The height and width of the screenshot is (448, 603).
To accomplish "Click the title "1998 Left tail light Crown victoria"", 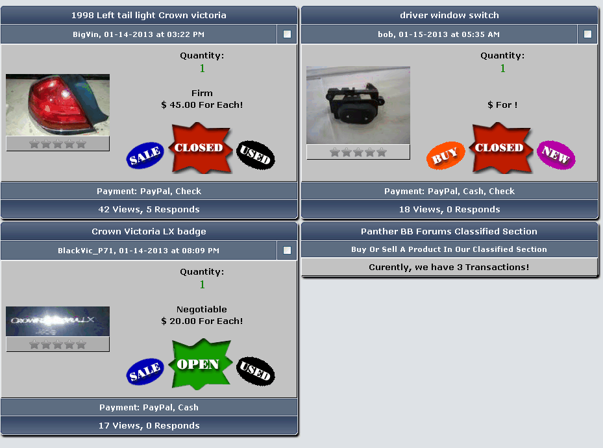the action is tap(149, 16).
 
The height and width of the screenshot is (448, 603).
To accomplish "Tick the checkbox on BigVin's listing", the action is tap(287, 34).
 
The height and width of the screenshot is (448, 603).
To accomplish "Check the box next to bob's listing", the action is tap(587, 34).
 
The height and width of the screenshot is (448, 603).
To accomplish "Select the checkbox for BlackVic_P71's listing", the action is tap(287, 251).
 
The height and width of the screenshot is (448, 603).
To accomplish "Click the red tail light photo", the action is tap(58, 105).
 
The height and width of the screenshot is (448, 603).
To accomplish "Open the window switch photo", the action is tap(358, 105).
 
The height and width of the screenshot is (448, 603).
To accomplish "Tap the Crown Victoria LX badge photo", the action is tap(58, 321).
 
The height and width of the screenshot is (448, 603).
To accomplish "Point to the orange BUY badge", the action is tap(445, 155).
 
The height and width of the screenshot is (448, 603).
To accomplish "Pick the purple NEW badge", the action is tap(556, 155).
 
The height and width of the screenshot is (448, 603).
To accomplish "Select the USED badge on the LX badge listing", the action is tap(256, 371).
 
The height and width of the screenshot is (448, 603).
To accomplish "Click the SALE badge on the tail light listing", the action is tap(145, 155).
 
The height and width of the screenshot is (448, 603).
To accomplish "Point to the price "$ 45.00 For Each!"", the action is tap(202, 105).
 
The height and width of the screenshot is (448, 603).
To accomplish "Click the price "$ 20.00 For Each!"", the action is tap(202, 321).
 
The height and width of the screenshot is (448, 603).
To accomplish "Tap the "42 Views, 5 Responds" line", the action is tap(149, 210).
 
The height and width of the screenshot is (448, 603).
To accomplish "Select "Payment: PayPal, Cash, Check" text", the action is tap(449, 191).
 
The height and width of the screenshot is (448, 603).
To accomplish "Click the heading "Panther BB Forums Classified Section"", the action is tap(449, 232).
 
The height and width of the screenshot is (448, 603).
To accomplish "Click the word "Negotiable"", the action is tap(201, 310).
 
